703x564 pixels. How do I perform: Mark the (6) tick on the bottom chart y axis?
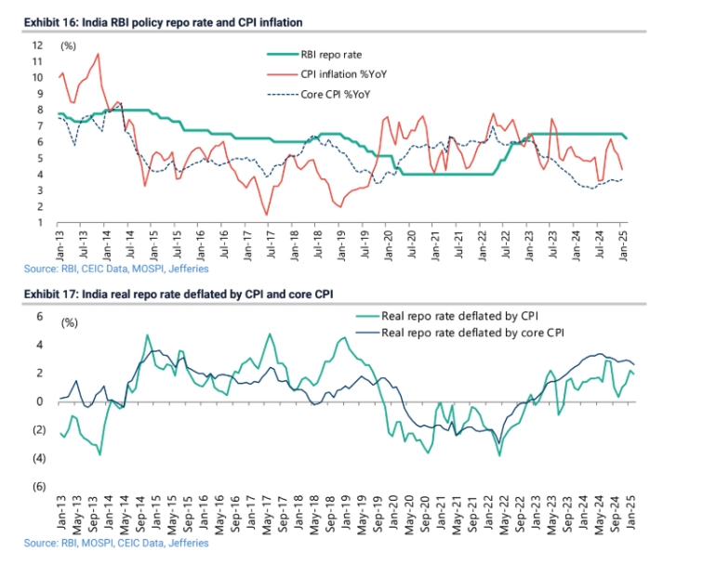(38, 487)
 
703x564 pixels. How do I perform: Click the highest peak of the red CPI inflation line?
(99, 54)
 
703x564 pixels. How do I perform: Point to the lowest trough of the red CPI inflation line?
(267, 216)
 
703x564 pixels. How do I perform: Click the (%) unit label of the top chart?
(68, 46)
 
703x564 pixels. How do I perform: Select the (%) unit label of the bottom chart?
(68, 322)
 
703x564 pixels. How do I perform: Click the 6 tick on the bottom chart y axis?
(38, 317)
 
